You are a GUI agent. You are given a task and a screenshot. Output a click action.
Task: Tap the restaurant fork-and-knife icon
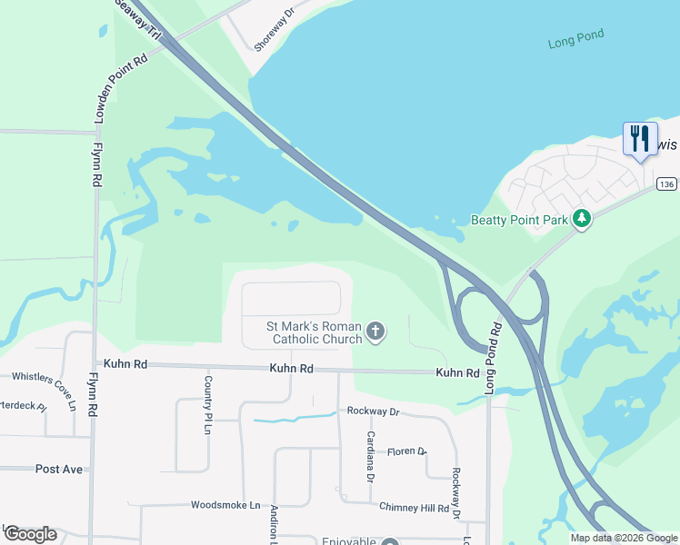640,139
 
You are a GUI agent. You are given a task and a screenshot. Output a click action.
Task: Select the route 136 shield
666,184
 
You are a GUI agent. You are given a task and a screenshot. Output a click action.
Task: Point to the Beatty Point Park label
518,220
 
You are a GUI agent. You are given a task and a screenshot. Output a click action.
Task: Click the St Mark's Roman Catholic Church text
314,333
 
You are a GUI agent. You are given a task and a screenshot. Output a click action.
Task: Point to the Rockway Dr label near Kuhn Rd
373,411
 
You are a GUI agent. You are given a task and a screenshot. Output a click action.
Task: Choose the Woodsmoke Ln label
225,505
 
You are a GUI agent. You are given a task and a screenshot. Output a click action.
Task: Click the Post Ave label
59,469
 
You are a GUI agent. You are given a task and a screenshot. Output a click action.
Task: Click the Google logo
30,534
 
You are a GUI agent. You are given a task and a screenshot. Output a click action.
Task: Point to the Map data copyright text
623,538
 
